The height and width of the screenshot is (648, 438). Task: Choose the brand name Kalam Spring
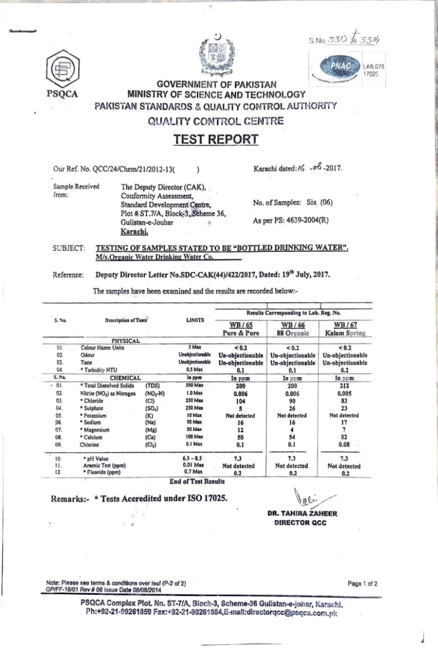[346, 333]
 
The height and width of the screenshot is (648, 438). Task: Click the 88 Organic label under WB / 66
[292, 333]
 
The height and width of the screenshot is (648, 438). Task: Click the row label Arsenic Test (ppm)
[103, 465]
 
